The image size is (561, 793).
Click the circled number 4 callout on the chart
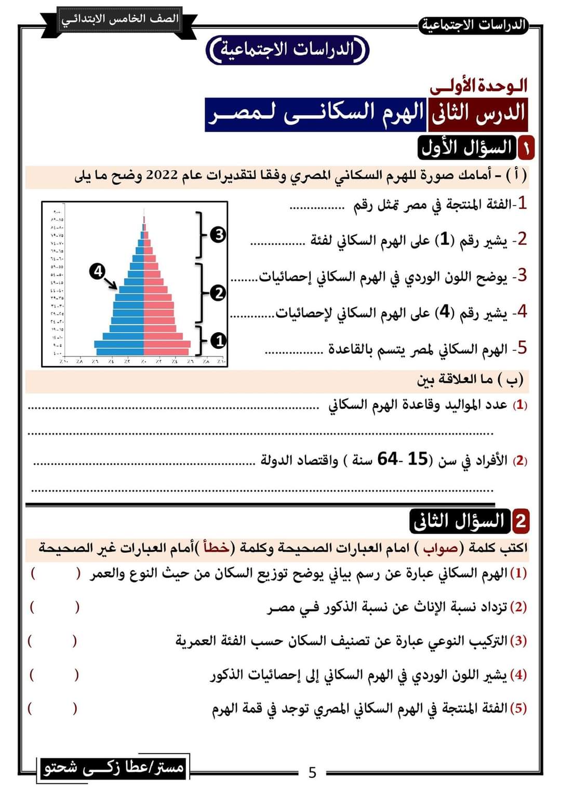coord(97,271)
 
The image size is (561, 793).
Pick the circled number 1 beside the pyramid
coord(219,340)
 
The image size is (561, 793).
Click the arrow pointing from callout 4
coord(110,282)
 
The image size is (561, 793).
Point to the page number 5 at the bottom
coord(312,773)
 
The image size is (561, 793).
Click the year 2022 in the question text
coord(162,175)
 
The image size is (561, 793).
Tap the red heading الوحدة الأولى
coord(478,86)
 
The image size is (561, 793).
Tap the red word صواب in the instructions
coord(440,548)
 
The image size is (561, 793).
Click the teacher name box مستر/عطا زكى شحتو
coord(114,767)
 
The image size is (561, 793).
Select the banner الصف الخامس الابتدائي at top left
coord(120,20)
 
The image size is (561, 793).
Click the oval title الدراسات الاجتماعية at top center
coord(287,50)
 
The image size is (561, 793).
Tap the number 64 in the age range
coord(388,459)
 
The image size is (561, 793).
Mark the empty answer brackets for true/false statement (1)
coord(55,573)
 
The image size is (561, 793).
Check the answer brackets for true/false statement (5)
coord(52,708)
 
